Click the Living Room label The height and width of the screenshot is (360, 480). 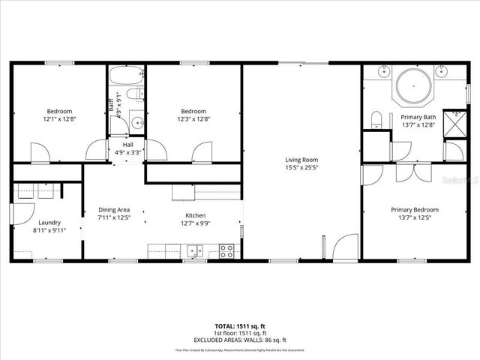click(301, 160)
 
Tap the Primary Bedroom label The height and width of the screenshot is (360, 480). click(415, 209)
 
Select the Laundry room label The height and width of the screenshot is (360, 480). click(49, 222)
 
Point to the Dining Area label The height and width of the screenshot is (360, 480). click(115, 209)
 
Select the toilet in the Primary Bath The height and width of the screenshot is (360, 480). click(377, 119)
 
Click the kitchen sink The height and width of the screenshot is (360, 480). click(194, 251)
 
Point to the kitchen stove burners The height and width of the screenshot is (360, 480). click(226, 251)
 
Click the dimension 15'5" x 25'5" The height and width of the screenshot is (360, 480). click(301, 168)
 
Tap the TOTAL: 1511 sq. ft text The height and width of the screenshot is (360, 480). click(240, 327)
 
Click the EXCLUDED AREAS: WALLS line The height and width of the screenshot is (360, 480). click(240, 339)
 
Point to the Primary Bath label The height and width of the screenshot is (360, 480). click(418, 118)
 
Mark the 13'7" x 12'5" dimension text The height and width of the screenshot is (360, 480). click(415, 217)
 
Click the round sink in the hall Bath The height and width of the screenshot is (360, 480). click(136, 123)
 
